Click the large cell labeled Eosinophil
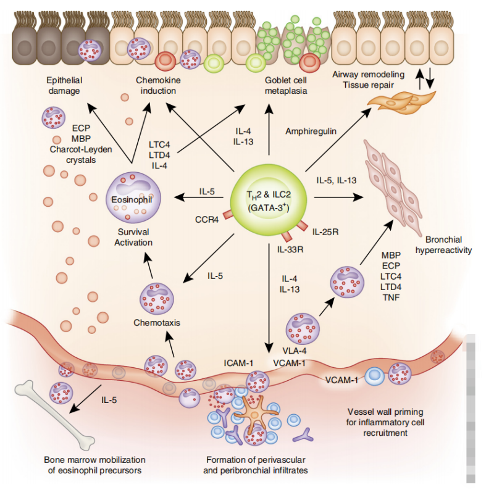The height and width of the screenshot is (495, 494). pyautogui.click(x=131, y=198)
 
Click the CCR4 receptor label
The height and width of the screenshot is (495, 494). pyautogui.click(x=206, y=217)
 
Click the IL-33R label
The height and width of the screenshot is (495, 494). pyautogui.click(x=290, y=249)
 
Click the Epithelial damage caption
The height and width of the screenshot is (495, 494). pyautogui.click(x=64, y=86)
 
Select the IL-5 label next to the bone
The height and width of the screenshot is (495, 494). pyautogui.click(x=112, y=400)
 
